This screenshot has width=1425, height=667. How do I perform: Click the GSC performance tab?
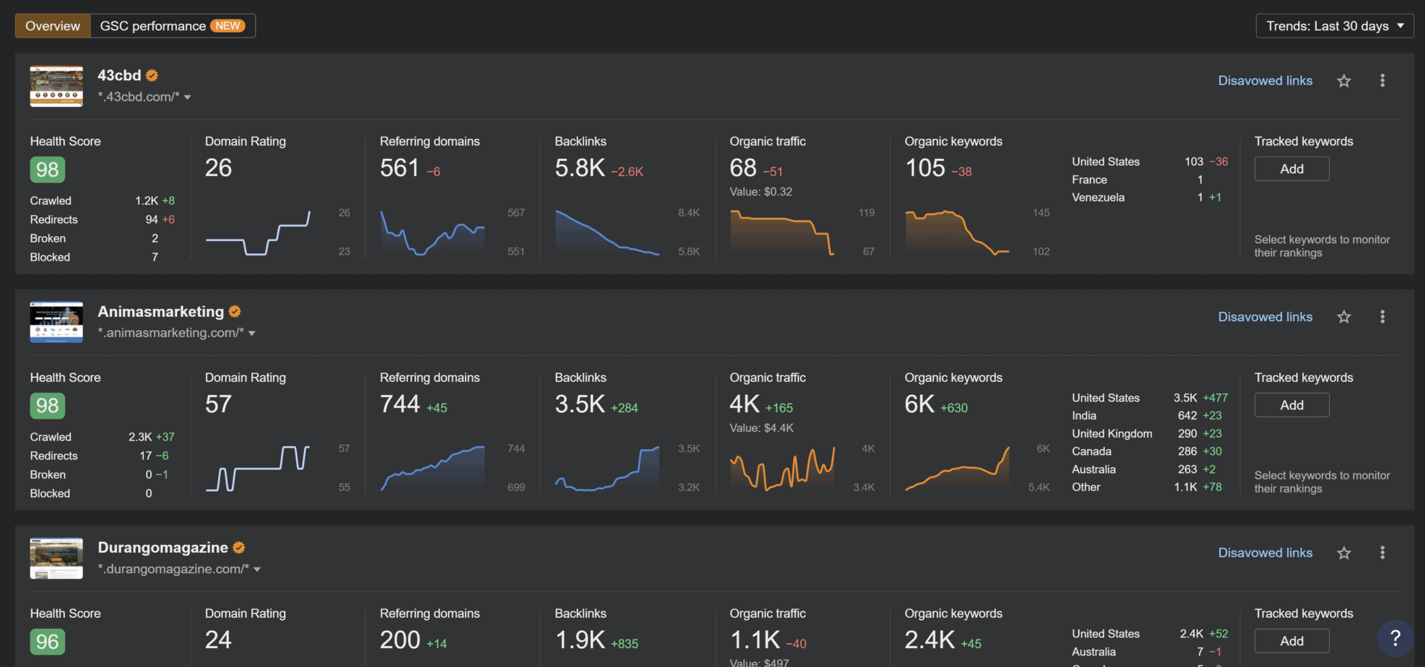point(172,26)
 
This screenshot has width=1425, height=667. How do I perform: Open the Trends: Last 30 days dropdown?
point(1334,26)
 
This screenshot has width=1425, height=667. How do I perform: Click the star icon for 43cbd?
point(1343,81)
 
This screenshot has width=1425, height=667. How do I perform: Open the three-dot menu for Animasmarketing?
point(1382,317)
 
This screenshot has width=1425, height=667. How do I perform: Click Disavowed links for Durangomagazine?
point(1265,553)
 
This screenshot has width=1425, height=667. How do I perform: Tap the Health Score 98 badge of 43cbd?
point(48,170)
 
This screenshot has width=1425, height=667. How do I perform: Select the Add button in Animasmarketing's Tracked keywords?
point(1291,405)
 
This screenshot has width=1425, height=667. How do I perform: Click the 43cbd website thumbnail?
point(56,87)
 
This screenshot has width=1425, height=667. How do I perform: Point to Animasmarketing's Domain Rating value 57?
point(218,404)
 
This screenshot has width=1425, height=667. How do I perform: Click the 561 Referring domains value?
point(399,168)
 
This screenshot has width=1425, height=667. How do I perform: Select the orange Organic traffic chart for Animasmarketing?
point(782,468)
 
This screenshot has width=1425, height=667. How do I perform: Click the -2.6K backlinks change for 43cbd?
point(627,172)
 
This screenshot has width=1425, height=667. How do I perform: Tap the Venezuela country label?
point(1098,197)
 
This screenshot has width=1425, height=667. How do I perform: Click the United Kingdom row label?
point(1112,434)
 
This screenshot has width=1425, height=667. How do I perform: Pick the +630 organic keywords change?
point(953,408)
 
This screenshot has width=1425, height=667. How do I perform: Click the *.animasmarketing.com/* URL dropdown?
point(177,333)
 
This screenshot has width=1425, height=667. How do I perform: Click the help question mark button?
point(1395,638)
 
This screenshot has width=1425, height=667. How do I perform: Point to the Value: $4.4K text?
point(761,428)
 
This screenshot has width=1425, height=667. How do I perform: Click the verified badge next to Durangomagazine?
point(239,548)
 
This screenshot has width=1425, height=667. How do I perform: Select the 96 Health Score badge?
point(48,642)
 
